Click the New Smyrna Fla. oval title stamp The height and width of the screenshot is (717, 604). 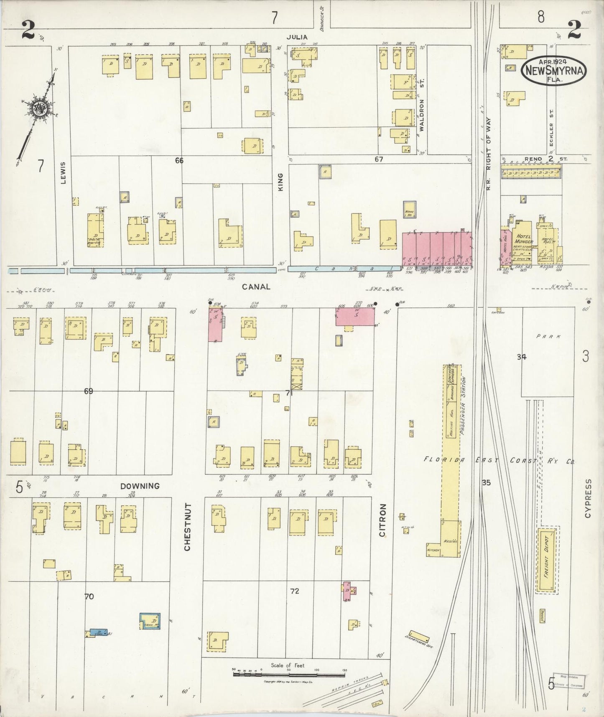click(x=553, y=70)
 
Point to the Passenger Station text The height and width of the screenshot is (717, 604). click(x=462, y=406)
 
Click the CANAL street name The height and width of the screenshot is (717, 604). click(x=256, y=287)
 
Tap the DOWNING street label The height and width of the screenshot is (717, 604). click(x=140, y=486)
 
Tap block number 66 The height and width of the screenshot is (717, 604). click(x=179, y=161)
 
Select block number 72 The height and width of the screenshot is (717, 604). click(x=295, y=591)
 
